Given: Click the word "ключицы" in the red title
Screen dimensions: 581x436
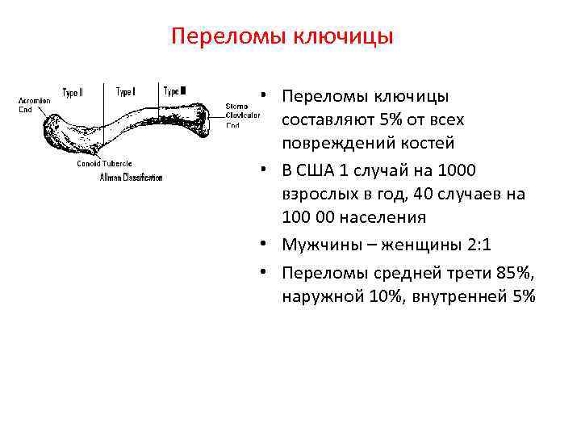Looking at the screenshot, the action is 349,37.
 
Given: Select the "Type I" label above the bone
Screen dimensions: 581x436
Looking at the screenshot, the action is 125,91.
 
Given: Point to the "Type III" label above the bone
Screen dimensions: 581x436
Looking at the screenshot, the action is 175,91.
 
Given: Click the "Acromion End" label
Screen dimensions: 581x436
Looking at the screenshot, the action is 34,105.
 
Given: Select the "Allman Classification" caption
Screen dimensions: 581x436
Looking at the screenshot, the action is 131,178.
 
